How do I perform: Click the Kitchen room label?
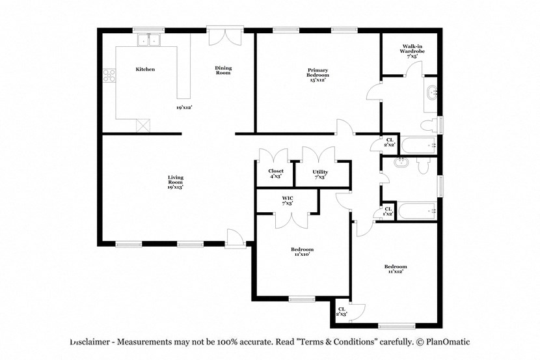(145, 69)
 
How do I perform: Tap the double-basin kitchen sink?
(149, 41)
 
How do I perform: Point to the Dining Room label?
(223, 70)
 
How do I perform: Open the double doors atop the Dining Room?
(225, 36)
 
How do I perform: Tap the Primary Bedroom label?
(317, 74)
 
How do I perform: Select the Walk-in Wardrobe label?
(412, 51)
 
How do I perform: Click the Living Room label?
(175, 182)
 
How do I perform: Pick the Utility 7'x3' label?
(320, 174)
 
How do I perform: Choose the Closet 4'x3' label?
(276, 174)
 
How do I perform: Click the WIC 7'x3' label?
(287, 201)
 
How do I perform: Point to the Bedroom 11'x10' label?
(302, 251)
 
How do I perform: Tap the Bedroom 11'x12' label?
(395, 269)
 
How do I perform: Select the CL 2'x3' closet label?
(342, 311)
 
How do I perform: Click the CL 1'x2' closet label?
(388, 212)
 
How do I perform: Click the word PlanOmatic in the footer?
(447, 342)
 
